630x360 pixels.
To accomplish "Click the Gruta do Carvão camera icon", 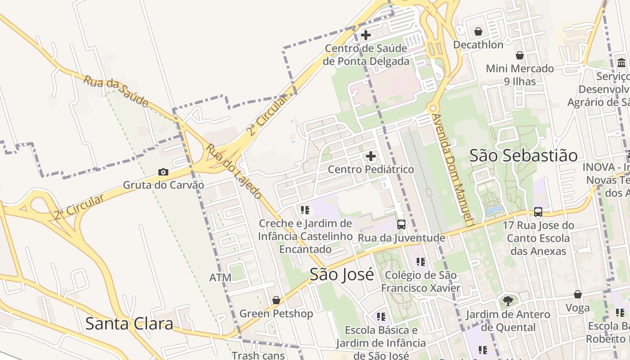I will (163, 172).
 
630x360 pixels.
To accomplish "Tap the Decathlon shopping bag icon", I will (478, 31).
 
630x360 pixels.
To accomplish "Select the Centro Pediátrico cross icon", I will (371, 156).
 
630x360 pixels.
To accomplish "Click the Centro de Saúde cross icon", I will (366, 35).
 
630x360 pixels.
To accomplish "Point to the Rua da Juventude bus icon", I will (401, 224).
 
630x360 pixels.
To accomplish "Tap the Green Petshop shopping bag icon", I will (276, 300).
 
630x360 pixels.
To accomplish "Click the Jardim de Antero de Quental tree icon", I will (508, 301).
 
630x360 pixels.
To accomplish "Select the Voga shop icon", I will (578, 295).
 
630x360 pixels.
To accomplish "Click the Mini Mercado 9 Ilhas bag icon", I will (520, 55).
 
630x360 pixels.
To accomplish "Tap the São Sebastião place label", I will (523, 156).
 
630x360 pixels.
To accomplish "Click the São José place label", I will (342, 274).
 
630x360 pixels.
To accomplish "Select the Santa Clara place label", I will (129, 324).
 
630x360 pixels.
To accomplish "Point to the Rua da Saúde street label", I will (116, 91).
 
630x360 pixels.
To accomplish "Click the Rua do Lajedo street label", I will (234, 171).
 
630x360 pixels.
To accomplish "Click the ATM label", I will (220, 278).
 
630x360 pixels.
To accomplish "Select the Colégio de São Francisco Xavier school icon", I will (421, 261).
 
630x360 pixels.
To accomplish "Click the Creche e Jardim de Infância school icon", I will (305, 210).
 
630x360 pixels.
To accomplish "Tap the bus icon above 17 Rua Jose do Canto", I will (538, 211).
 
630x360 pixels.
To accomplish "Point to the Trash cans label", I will (258, 355).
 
